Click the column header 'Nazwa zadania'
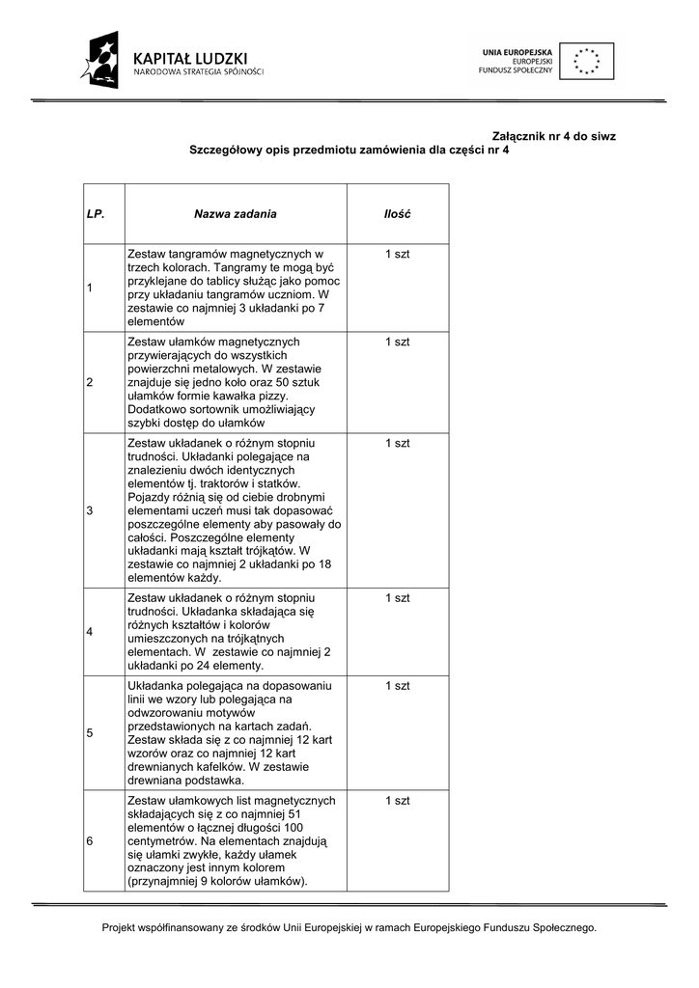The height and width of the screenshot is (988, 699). pos(236,214)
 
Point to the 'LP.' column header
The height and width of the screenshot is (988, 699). pos(95,214)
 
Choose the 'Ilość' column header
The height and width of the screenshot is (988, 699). pos(397,214)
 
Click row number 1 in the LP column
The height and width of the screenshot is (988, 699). pos(90,288)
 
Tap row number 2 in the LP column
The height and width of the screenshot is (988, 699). pos(90,382)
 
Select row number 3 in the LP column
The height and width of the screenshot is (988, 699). pos(90,510)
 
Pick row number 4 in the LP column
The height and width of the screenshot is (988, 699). pos(90,632)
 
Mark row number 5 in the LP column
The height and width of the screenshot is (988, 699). pos(90,732)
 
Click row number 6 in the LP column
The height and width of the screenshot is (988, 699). pos(90,840)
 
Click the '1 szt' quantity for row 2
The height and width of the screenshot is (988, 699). pos(397,342)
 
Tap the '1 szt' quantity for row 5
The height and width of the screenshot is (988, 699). pos(397,685)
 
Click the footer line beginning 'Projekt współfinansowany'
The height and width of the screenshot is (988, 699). pos(349,928)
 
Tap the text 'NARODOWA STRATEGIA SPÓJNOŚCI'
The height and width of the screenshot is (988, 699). pos(198,72)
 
